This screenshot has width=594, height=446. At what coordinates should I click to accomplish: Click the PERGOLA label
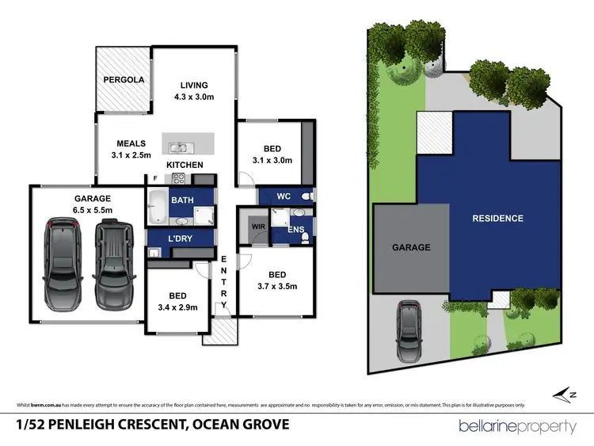click(122, 80)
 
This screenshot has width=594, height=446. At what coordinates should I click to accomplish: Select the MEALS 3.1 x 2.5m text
click(131, 149)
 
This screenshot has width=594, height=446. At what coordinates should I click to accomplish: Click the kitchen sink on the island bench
click(179, 146)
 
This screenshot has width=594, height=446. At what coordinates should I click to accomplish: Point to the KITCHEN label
click(185, 165)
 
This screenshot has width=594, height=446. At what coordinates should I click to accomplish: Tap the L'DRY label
click(181, 238)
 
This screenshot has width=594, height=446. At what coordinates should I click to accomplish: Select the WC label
click(284, 195)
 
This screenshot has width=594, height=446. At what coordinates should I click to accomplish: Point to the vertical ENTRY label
click(224, 282)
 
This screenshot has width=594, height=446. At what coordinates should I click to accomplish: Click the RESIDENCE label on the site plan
click(497, 218)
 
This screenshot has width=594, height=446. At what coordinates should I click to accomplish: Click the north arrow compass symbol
click(562, 393)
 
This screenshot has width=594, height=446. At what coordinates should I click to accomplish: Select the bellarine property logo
click(517, 426)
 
